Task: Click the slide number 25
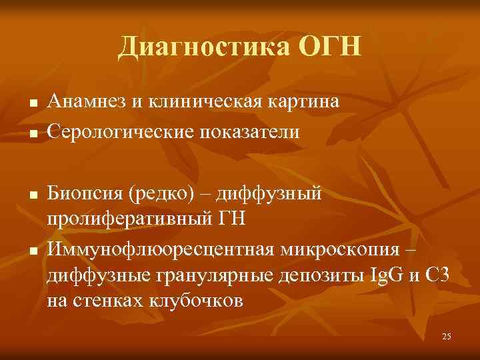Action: [446, 336]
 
